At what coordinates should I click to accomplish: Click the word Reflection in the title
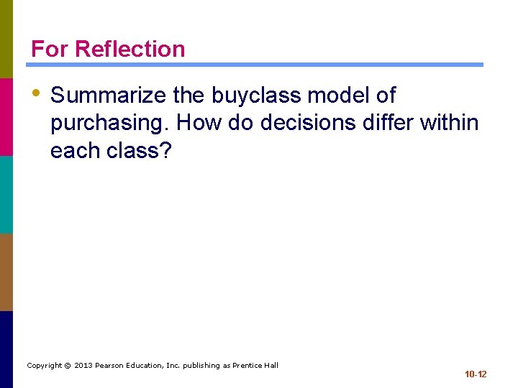click(x=129, y=49)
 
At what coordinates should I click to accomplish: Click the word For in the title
click(x=50, y=49)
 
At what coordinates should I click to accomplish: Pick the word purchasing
click(x=109, y=124)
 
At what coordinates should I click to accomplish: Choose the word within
click(x=450, y=124)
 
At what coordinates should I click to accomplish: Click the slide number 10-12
click(x=475, y=374)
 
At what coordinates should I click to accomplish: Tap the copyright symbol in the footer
click(x=67, y=366)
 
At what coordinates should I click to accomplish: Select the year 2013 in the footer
click(x=83, y=366)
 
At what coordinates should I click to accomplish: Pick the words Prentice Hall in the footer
click(x=255, y=366)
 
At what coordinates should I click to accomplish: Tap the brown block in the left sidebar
click(x=6, y=272)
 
